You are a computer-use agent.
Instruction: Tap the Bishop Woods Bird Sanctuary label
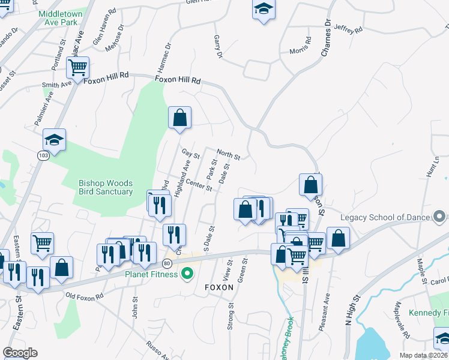point(106,187)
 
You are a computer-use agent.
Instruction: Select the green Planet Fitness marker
point(187,275)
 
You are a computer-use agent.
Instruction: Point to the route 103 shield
point(43,155)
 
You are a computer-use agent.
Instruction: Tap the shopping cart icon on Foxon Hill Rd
point(78,68)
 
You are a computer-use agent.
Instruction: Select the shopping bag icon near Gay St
point(179,118)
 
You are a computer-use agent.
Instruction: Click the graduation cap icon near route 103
point(54,142)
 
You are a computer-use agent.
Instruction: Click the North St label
point(228,155)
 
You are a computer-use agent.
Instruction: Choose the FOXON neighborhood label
point(218,287)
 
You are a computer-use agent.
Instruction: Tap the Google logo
point(20,353)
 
